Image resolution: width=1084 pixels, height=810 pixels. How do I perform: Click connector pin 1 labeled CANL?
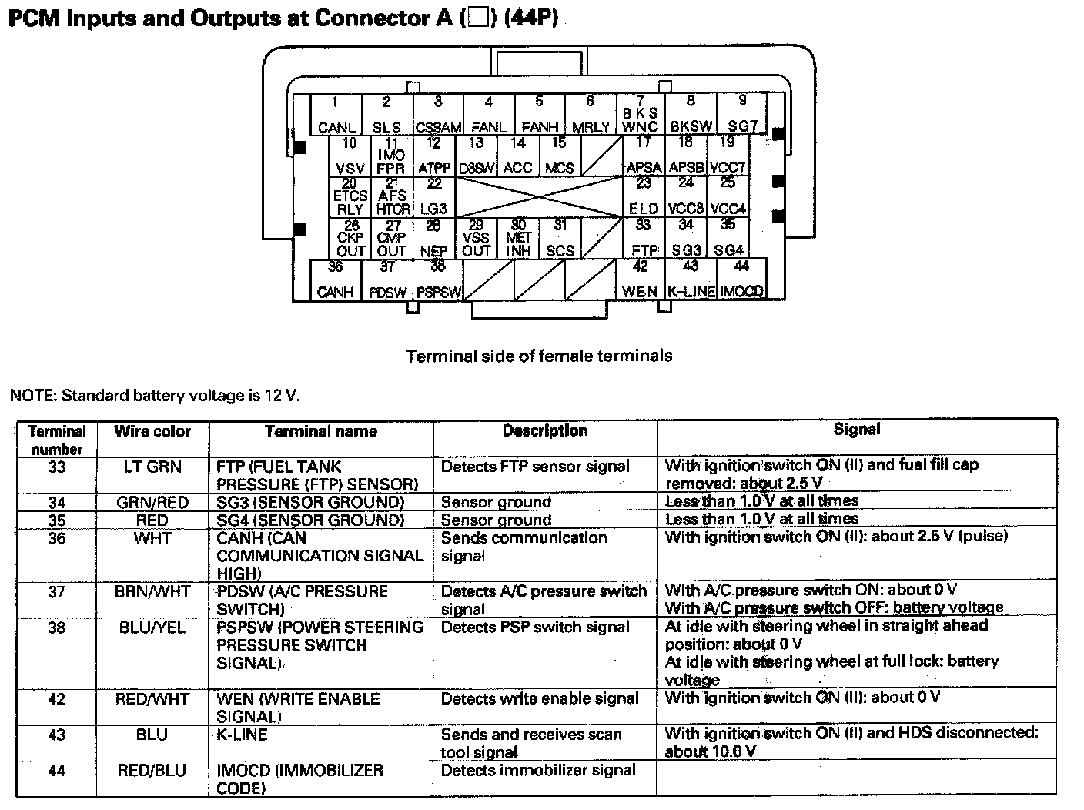[x=336, y=115]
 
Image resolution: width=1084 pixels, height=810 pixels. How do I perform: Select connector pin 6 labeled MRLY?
[x=591, y=115]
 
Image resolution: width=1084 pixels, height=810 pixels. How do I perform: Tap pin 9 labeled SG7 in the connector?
[x=742, y=115]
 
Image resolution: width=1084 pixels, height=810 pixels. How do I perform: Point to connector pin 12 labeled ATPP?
[x=434, y=156]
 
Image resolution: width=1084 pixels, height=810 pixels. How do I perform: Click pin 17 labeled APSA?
[x=644, y=156]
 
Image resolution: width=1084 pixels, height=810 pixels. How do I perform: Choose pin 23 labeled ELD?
[x=644, y=198]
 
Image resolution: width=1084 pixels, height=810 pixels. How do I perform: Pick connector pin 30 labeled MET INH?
[x=518, y=239]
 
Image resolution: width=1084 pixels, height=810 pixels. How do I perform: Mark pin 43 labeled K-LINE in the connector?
[x=691, y=280]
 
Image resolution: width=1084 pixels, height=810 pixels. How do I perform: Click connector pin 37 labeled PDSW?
[x=387, y=280]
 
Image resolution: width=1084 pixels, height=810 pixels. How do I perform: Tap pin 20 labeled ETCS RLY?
[x=350, y=198]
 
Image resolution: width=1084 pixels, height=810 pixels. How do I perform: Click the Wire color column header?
[x=152, y=431]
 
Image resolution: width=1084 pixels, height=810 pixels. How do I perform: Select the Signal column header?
[x=856, y=429]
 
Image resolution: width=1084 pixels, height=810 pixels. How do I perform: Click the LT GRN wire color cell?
[x=152, y=467]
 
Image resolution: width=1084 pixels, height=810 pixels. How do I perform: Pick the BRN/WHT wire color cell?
[x=152, y=591]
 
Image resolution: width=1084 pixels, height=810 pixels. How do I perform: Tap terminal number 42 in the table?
[x=57, y=699]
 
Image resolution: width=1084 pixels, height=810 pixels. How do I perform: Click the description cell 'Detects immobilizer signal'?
[x=538, y=770]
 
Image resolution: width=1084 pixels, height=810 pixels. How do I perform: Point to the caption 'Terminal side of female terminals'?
[x=539, y=356]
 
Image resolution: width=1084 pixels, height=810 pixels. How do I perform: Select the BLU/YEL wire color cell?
[x=152, y=628]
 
